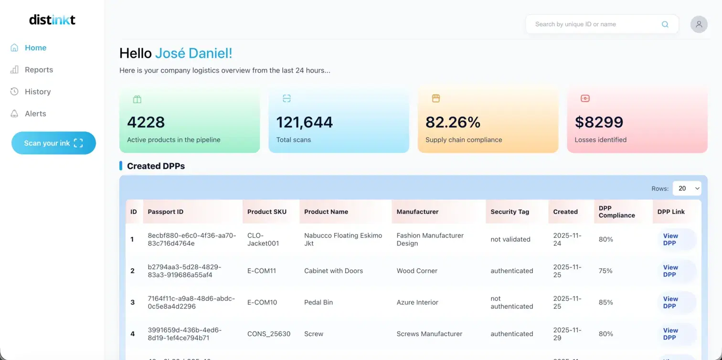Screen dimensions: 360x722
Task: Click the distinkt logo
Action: click(52, 20)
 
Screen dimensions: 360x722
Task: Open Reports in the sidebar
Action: click(39, 70)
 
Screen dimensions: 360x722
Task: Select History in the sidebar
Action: click(37, 92)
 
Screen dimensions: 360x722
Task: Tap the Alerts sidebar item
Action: click(35, 114)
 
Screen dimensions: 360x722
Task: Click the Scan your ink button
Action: click(53, 143)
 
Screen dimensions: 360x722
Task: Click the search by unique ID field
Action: click(592, 24)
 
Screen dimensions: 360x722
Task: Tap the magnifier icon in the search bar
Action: click(665, 24)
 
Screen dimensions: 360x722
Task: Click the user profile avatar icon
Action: click(699, 24)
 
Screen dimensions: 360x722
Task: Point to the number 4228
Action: click(146, 122)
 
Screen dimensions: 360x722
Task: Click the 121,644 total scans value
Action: click(304, 122)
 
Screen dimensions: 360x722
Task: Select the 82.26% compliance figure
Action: click(453, 122)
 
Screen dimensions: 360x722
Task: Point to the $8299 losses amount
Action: click(599, 122)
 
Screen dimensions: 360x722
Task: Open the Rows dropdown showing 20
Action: click(687, 189)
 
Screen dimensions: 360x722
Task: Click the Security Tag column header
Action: click(510, 212)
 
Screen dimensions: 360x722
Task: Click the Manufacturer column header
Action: click(417, 212)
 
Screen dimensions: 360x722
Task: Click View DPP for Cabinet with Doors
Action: click(670, 271)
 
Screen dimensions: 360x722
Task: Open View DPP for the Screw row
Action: click(670, 334)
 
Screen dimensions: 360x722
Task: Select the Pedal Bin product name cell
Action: click(319, 302)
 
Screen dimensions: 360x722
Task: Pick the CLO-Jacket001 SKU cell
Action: click(263, 239)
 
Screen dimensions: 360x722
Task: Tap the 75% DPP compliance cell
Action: click(605, 271)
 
